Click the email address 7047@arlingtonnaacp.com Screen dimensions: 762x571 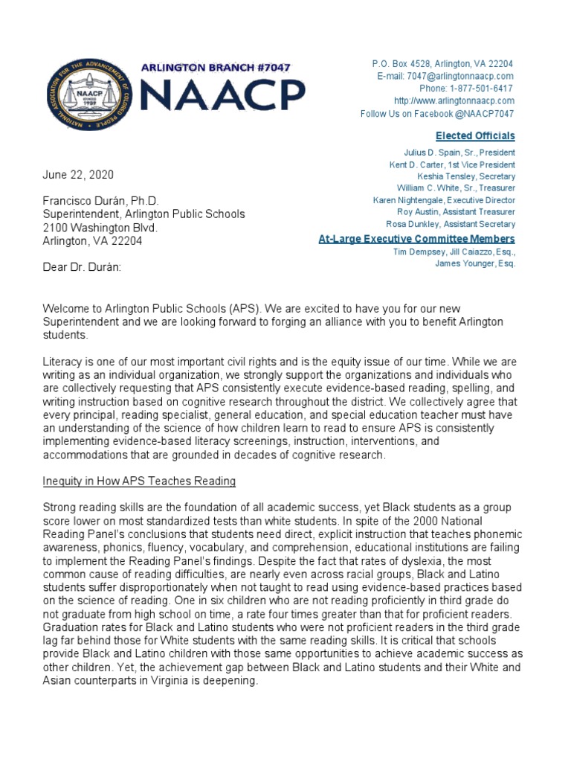445,77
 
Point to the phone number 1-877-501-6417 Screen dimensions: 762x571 466,89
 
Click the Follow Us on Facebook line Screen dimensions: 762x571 437,114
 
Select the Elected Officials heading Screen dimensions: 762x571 474,135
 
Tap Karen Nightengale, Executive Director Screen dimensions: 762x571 444,200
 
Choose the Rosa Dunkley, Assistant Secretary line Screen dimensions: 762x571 450,224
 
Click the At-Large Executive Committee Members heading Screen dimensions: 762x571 416,239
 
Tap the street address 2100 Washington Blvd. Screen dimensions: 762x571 100,228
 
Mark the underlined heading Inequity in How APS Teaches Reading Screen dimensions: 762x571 140,481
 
